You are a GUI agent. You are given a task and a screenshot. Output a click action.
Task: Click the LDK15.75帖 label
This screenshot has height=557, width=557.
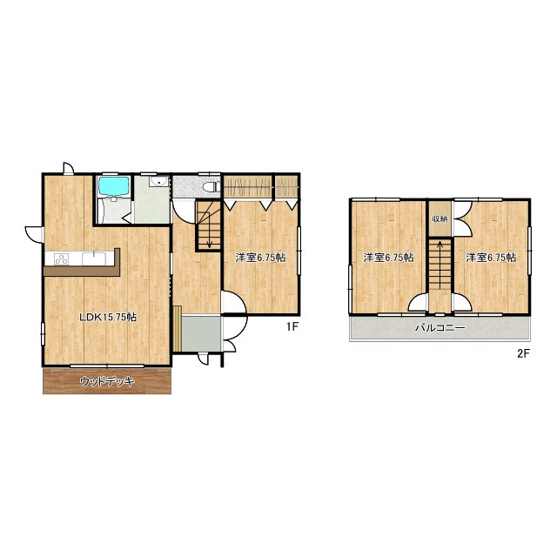108,318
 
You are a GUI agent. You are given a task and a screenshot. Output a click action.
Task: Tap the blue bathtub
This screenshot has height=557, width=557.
112,186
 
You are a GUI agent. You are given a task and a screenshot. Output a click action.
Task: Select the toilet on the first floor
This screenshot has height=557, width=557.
209,187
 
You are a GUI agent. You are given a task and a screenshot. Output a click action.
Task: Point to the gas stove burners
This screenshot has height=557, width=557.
62,258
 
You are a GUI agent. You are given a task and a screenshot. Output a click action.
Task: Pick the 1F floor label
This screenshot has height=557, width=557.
293,327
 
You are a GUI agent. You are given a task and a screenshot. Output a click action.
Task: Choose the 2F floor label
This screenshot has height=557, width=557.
523,353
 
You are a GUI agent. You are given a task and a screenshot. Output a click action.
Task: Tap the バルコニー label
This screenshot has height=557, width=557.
440,329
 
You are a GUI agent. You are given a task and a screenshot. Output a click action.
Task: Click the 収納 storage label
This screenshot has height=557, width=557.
440,218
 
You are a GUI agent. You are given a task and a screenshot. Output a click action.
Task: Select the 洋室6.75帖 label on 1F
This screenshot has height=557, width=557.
261,258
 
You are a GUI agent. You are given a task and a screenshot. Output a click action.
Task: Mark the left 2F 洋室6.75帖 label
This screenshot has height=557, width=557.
388,258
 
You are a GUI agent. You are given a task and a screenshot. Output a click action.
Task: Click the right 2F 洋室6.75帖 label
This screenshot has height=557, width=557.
490,258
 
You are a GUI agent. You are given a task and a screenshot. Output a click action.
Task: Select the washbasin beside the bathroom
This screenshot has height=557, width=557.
158,184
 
